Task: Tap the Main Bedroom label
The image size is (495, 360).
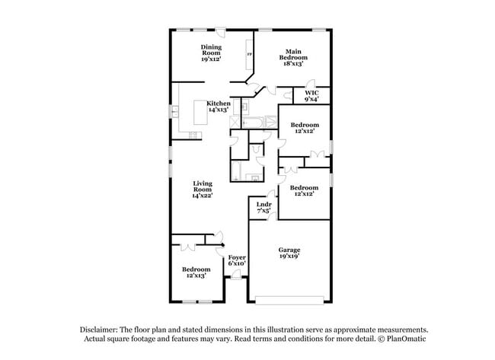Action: (292, 54)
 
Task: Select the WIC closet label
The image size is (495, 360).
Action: (311, 94)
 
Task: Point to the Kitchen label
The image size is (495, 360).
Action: (219, 104)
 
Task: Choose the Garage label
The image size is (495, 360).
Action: (289, 250)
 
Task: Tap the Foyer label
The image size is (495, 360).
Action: (237, 258)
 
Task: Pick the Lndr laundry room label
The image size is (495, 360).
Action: (263, 205)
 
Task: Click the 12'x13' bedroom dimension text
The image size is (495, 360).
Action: (196, 276)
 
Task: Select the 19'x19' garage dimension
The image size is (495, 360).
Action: (289, 256)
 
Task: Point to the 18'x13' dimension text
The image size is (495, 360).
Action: (292, 64)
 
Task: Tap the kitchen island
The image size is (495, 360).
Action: (200, 115)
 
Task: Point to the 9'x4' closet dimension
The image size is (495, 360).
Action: (311, 100)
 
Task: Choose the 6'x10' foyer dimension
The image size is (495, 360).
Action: (237, 264)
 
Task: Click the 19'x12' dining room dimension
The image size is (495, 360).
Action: (211, 59)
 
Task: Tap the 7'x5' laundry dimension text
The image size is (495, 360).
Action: (263, 211)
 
